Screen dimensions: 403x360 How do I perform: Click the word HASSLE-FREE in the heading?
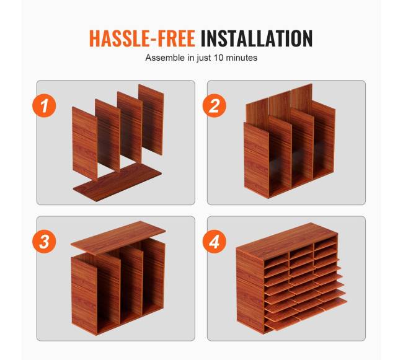142,38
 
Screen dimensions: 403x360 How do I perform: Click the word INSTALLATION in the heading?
257,38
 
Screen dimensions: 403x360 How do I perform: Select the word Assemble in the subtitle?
166,58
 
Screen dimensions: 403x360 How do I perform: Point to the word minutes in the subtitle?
241,58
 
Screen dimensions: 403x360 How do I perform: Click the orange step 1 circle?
44,105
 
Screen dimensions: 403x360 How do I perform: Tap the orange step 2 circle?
215,105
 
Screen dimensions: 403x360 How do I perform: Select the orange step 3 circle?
44,242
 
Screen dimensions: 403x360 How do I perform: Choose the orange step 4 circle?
215,242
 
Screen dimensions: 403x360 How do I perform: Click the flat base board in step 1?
117,182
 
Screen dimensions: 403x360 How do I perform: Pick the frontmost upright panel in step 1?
84,144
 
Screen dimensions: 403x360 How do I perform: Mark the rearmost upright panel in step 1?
151,120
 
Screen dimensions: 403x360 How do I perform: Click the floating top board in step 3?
118,237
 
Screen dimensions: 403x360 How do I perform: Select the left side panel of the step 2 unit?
257,160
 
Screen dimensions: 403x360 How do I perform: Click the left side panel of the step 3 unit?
84,297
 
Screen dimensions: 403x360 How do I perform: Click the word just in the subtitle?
204,58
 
